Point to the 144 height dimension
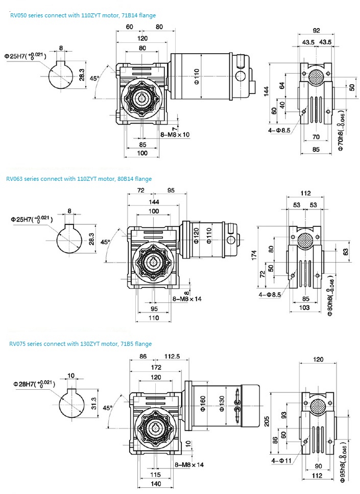tap(266, 91)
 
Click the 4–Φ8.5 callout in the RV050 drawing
tap(279, 130)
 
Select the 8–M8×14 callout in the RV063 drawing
tap(187, 298)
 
